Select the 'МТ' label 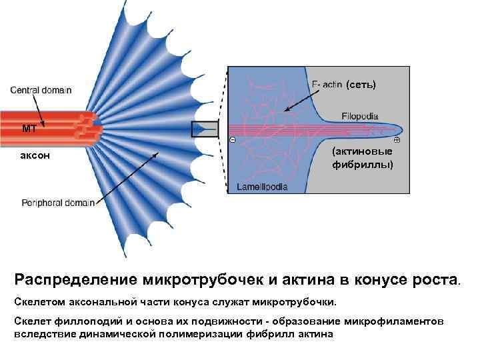pyautogui.click(x=29, y=129)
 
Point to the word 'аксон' pyautogui.click(x=35, y=155)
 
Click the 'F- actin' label pyautogui.click(x=327, y=83)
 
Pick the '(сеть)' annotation pyautogui.click(x=361, y=84)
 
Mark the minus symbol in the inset pyautogui.click(x=231, y=140)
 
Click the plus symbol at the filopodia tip pyautogui.click(x=397, y=140)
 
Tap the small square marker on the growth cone pyautogui.click(x=205, y=129)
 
